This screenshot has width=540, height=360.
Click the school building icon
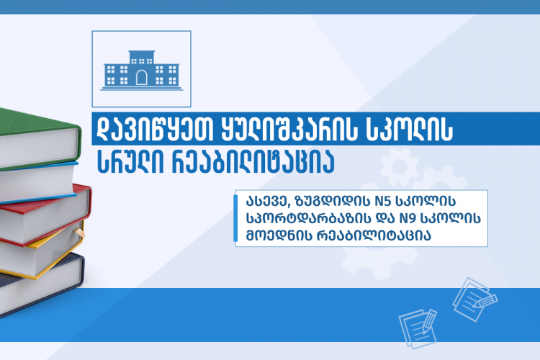(142, 71)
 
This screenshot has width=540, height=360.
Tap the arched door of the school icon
(142, 78)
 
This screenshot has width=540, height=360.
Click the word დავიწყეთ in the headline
(156, 129)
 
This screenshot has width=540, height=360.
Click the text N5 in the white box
(381, 201)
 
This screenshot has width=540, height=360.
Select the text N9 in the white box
(407, 218)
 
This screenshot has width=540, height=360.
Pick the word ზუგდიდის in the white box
(333, 201)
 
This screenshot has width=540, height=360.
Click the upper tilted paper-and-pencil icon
(474, 299)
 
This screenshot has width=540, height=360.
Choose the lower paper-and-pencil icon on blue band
(418, 328)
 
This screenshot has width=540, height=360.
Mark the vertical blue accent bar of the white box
(235, 218)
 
